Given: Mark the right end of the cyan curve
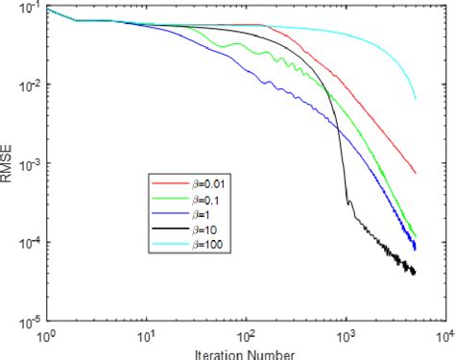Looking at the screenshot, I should click(x=416, y=99).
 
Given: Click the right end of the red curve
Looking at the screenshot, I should click(x=416, y=174).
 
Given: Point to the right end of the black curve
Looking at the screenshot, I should click(x=416, y=274).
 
